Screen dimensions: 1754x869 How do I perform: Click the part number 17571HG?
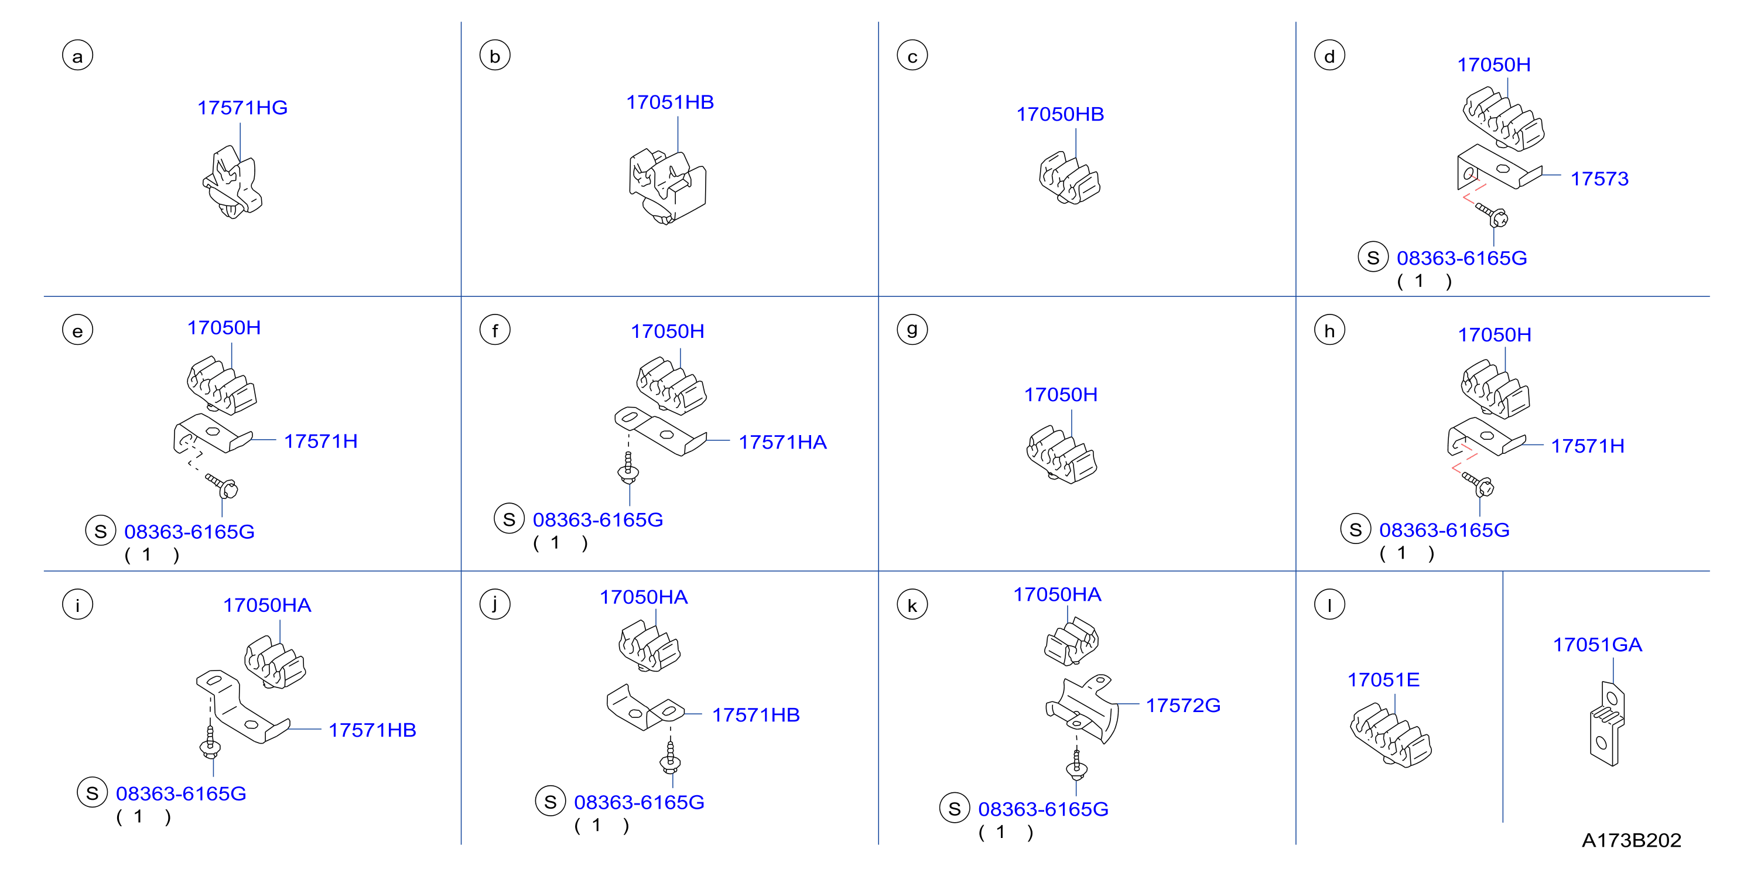click(x=242, y=108)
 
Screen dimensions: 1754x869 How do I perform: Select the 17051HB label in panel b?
click(x=670, y=102)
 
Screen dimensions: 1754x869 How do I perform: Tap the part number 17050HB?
click(x=1060, y=114)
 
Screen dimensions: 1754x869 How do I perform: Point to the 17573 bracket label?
click(x=1599, y=179)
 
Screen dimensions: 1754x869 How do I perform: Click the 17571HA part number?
click(x=783, y=442)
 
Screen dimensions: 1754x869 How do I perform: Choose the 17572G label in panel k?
click(x=1184, y=706)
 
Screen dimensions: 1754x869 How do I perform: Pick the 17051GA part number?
click(x=1598, y=644)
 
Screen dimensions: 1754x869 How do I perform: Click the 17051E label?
click(x=1384, y=680)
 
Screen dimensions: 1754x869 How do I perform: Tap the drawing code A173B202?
click(x=1632, y=840)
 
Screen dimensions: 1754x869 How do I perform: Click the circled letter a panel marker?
click(x=78, y=56)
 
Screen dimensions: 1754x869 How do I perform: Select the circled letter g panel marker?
click(x=912, y=330)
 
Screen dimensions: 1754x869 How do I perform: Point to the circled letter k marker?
click(x=912, y=605)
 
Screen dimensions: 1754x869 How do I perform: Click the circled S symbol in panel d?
click(x=1373, y=258)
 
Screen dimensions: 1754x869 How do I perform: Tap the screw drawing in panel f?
click(x=628, y=468)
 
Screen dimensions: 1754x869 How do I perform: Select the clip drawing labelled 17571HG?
click(x=233, y=183)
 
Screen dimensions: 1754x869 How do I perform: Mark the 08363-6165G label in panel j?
click(x=639, y=802)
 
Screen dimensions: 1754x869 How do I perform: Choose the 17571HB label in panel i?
click(x=372, y=730)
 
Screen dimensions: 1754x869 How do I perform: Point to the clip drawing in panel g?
click(x=1061, y=455)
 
